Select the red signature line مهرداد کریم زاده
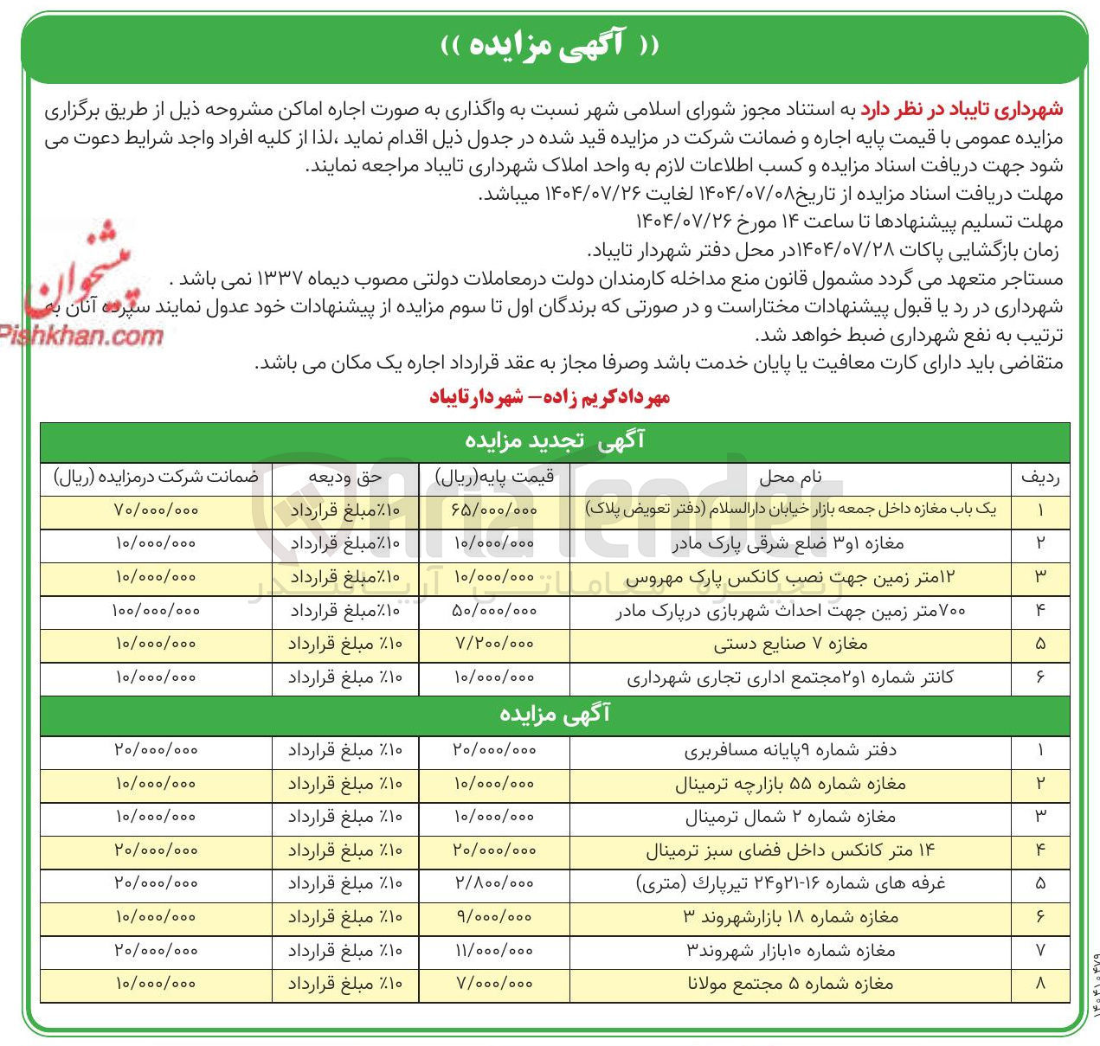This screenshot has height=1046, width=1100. pyautogui.click(x=550, y=398)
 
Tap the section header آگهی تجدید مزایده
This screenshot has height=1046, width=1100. pyautogui.click(x=555, y=440)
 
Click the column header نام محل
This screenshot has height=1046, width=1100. pyautogui.click(x=789, y=477)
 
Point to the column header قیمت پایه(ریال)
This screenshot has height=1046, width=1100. pyautogui.click(x=494, y=477)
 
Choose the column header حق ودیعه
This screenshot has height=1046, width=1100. pyautogui.click(x=345, y=477)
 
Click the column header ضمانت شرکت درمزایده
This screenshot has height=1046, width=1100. pyautogui.click(x=156, y=477)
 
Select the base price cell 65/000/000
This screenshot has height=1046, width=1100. pyautogui.click(x=494, y=510)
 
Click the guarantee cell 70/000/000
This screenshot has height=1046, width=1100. pyautogui.click(x=156, y=510)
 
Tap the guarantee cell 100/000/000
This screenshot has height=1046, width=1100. pyautogui.click(x=156, y=611)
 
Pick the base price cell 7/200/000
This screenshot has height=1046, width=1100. pyautogui.click(x=494, y=645)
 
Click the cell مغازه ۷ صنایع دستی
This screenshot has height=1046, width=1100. pyautogui.click(x=789, y=645)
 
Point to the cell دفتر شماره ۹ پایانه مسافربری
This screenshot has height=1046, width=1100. pyautogui.click(x=789, y=750)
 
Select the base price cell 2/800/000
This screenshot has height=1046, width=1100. pyautogui.click(x=494, y=883)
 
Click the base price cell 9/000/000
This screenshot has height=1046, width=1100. pyautogui.click(x=494, y=917)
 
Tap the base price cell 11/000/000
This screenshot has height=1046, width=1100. pyautogui.click(x=494, y=951)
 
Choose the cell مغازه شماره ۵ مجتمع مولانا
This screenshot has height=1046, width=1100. pyautogui.click(x=789, y=985)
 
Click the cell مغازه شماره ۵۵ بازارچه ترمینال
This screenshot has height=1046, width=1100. pyautogui.click(x=789, y=784)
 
